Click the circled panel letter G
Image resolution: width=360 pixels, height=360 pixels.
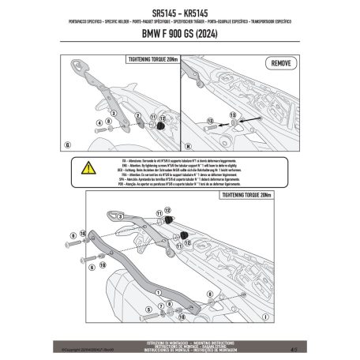tap(69, 145)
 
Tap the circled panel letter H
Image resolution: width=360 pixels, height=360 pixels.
tap(185, 145)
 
